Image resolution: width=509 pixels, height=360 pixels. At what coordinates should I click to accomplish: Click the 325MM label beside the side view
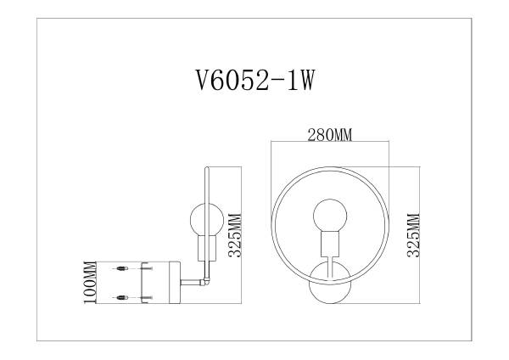click(237, 233)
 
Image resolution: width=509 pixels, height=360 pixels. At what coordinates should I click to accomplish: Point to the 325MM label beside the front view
click(414, 233)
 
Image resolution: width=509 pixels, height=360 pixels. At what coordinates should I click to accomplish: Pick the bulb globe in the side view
click(204, 221)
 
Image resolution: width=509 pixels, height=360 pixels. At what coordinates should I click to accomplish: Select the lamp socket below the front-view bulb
click(329, 245)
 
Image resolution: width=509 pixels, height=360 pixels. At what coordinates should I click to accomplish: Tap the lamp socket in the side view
click(204, 249)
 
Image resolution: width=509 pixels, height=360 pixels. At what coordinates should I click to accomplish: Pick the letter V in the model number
click(201, 83)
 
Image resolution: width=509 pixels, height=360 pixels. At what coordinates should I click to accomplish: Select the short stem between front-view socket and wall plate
click(329, 262)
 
